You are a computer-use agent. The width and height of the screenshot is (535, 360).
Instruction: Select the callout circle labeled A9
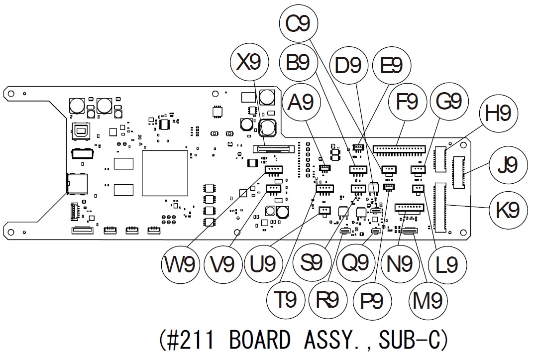[301, 103]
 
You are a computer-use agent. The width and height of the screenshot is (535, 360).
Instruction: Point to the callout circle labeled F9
[407, 103]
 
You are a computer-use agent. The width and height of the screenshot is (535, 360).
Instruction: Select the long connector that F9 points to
[400, 149]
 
